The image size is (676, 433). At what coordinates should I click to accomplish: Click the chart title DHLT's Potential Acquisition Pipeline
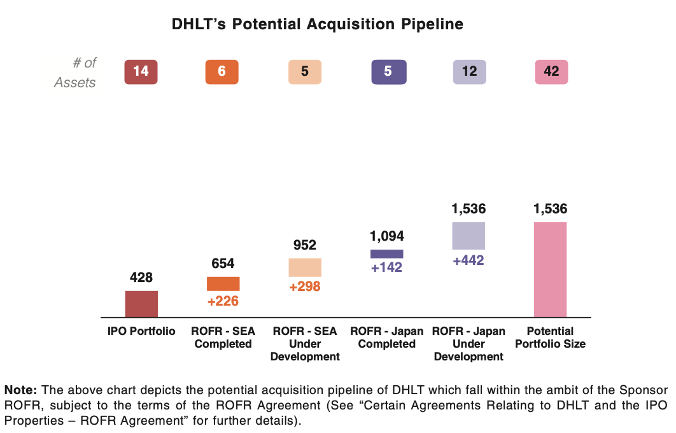coord(317,25)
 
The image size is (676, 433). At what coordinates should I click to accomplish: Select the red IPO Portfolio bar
coord(141,304)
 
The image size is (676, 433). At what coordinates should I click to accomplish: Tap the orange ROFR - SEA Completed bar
coord(223,284)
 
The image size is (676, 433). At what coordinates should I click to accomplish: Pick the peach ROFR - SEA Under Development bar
coord(305,267)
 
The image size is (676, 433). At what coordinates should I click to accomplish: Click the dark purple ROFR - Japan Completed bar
coord(386,253)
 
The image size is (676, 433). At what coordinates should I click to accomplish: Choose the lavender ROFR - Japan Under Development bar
coord(468,236)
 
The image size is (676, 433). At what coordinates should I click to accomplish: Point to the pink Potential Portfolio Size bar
coord(550,269)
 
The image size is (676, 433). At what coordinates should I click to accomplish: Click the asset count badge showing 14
coord(141,71)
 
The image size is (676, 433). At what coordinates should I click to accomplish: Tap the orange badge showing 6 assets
coord(222,71)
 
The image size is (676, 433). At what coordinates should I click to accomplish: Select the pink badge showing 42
coord(551,71)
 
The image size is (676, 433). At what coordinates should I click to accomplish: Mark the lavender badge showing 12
coord(469,71)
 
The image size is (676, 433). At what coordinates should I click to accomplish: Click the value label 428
coord(141,278)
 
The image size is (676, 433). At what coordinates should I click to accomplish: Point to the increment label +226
coord(223,301)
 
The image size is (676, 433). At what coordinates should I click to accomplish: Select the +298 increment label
coord(305,287)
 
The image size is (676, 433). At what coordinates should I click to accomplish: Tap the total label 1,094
coord(386,236)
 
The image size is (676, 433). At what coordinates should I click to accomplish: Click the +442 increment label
coord(468,260)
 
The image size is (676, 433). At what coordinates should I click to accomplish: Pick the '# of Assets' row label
coord(75,72)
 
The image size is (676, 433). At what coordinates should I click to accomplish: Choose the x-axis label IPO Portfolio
coord(141,331)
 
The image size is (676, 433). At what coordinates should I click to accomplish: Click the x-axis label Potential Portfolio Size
coord(550,337)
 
